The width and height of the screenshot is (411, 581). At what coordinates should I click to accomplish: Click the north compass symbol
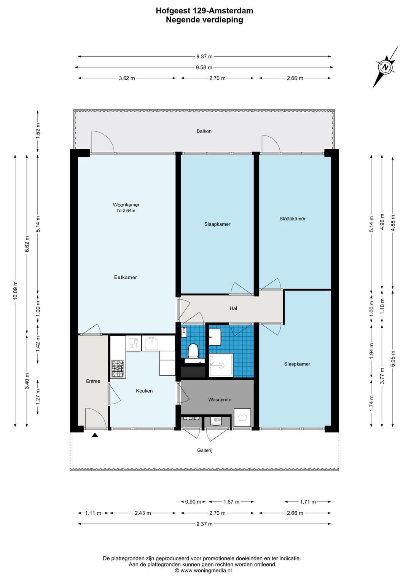tap(386, 67)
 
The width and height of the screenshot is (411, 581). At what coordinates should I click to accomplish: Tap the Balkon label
tap(204, 131)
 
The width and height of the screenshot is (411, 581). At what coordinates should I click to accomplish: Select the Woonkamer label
tap(126, 205)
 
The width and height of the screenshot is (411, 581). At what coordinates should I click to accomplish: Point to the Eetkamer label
tap(126, 277)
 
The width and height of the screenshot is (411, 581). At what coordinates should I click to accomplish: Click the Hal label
tap(233, 308)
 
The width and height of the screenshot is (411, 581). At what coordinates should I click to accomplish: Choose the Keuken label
tap(144, 391)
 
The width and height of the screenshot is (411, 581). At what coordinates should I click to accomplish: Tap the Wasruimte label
tap(220, 400)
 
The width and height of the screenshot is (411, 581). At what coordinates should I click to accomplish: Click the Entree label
tap(93, 381)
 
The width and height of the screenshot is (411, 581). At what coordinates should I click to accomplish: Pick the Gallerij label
tap(205, 450)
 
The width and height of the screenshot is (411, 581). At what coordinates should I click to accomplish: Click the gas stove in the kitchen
tap(119, 369)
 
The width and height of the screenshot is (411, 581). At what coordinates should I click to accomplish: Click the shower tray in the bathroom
tap(221, 365)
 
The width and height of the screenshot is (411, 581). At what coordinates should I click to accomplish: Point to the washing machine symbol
tap(242, 418)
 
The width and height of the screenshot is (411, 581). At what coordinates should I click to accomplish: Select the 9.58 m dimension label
tap(204, 67)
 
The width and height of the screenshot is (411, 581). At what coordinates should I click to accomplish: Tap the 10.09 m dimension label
tap(15, 290)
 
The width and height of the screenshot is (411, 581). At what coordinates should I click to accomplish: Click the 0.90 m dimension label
tap(193, 502)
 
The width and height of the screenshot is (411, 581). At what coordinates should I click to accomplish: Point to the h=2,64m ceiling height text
tap(126, 211)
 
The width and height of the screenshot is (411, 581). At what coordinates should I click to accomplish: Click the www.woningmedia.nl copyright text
tap(204, 571)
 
